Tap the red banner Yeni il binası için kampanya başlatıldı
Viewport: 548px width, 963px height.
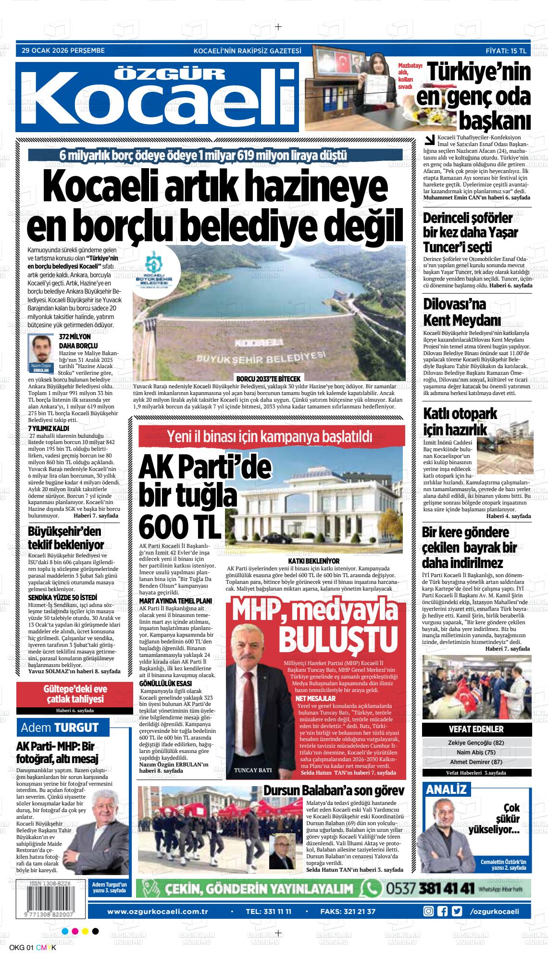[270, 437]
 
